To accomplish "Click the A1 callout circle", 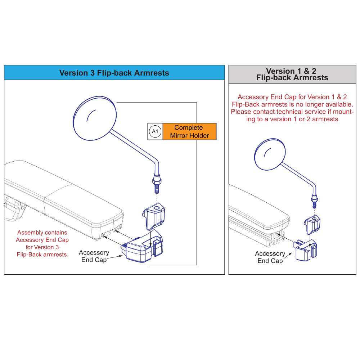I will (x=155, y=132).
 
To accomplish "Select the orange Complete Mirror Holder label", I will (x=189, y=132).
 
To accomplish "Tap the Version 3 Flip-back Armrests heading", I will (x=114, y=73).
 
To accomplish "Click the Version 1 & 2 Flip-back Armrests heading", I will (x=292, y=74).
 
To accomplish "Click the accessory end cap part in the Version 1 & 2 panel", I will (x=306, y=250).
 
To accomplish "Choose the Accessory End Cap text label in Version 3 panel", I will (x=94, y=256).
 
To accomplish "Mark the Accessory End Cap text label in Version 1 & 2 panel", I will (x=270, y=257).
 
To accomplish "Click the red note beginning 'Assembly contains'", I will (x=42, y=243).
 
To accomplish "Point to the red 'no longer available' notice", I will (x=292, y=108).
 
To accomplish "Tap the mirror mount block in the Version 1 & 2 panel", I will (x=313, y=224).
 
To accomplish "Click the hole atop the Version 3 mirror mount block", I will (x=157, y=207).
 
